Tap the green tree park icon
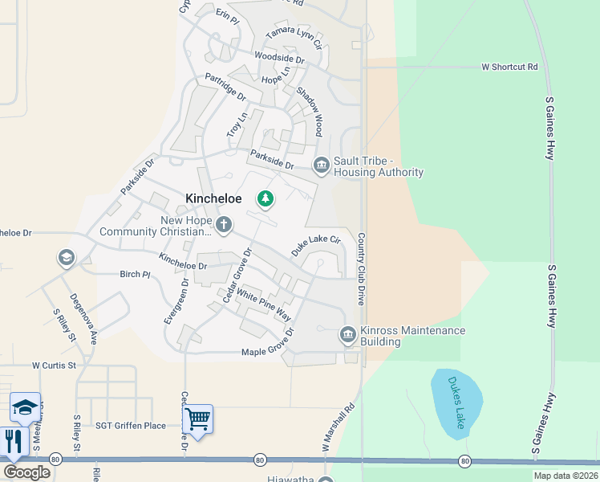(x=265, y=198)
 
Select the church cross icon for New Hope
(x=224, y=225)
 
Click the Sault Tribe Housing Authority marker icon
(x=321, y=165)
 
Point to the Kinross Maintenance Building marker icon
(x=348, y=333)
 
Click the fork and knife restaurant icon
(x=14, y=441)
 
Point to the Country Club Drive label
(x=362, y=269)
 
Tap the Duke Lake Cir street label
(x=316, y=245)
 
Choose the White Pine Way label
(x=264, y=304)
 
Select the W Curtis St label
(x=53, y=365)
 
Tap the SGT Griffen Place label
(x=131, y=426)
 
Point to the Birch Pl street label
(x=135, y=274)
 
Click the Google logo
(x=26, y=472)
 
